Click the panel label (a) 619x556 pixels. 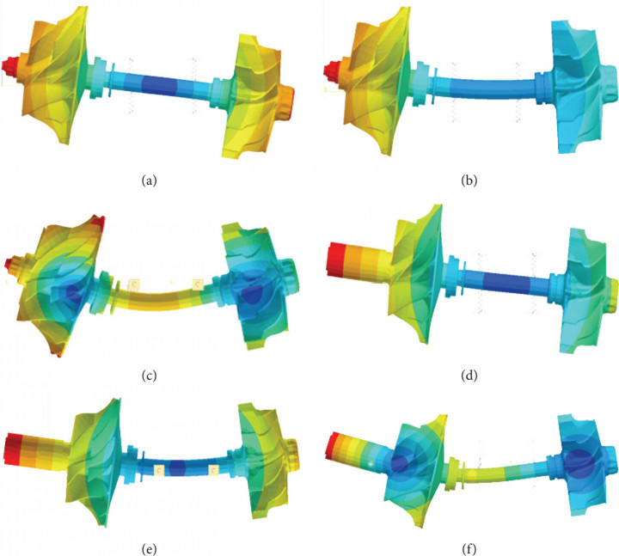pyautogui.click(x=150, y=180)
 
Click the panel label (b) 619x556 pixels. pyautogui.click(x=469, y=180)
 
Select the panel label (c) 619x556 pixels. pyautogui.click(x=150, y=376)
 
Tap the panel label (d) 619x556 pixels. pyautogui.click(x=469, y=376)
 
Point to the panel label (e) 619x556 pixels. pyautogui.click(x=150, y=548)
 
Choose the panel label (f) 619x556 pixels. pyautogui.click(x=469, y=548)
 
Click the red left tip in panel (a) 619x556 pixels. pyautogui.click(x=9, y=65)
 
